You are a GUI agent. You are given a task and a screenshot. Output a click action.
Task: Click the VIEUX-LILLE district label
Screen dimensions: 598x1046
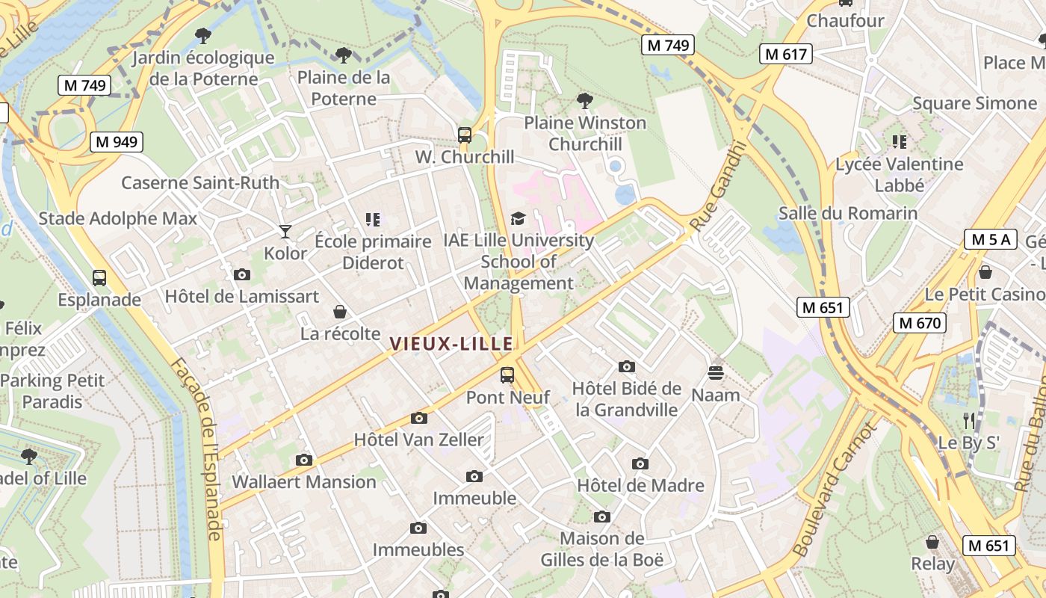pyautogui.click(x=451, y=344)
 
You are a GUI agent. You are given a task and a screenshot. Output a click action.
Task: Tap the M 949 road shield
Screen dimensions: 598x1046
pyautogui.click(x=117, y=141)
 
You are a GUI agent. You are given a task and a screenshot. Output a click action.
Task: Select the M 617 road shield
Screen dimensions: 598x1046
pyautogui.click(x=785, y=54)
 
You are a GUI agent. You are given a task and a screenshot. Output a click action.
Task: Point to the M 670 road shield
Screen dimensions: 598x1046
pyautogui.click(x=920, y=323)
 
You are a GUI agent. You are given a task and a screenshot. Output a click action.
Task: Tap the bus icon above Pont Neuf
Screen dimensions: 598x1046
pyautogui.click(x=507, y=375)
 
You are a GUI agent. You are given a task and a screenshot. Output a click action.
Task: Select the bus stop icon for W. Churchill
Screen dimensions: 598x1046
pyautogui.click(x=465, y=135)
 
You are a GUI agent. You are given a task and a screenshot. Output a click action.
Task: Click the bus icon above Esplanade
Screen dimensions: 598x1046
pyautogui.click(x=99, y=278)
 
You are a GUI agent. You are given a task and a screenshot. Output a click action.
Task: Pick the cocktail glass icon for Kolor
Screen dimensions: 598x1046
pyautogui.click(x=285, y=232)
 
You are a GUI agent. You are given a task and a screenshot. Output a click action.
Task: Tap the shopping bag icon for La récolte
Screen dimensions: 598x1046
pyautogui.click(x=340, y=312)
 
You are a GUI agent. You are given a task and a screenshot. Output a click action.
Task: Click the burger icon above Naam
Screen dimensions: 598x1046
pyautogui.click(x=716, y=372)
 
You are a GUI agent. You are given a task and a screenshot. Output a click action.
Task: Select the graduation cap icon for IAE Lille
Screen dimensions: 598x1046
pyautogui.click(x=518, y=218)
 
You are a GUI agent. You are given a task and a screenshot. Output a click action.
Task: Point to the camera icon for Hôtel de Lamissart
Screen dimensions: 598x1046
pyautogui.click(x=241, y=275)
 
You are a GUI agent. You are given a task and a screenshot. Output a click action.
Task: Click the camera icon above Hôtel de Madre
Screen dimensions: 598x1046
pyautogui.click(x=640, y=464)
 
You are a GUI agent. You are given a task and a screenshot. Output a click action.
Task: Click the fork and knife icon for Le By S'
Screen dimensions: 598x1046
pyautogui.click(x=969, y=420)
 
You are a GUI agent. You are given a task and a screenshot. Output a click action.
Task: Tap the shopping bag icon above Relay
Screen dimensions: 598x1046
pyautogui.click(x=932, y=542)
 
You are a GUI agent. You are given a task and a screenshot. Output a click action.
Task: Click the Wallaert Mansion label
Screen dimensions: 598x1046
pyautogui.click(x=304, y=482)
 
